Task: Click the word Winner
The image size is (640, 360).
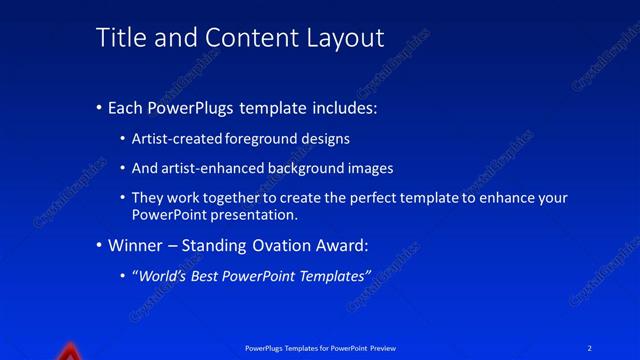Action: click(x=136, y=245)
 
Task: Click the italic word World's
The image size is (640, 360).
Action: click(x=161, y=275)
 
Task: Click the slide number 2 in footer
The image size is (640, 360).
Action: click(x=590, y=348)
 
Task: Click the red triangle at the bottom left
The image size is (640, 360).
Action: click(x=68, y=352)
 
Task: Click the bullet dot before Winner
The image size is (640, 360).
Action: click(x=99, y=245)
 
